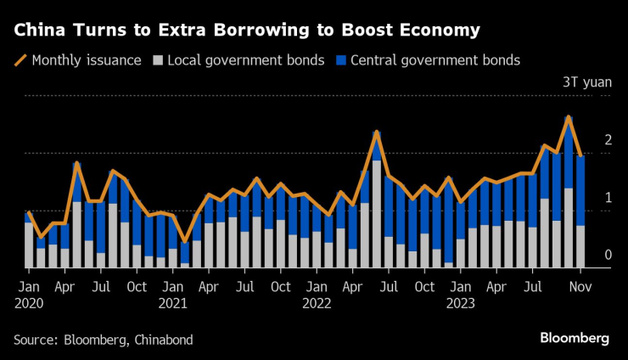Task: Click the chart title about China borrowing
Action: [246, 31]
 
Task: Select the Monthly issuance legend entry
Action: [77, 60]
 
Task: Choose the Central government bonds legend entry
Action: [428, 60]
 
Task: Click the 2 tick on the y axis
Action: [608, 139]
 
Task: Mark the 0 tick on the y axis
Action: [608, 255]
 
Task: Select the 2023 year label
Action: [461, 302]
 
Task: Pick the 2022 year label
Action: [317, 302]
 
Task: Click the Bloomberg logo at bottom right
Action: [575, 339]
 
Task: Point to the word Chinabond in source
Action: [165, 340]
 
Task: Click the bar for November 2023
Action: [580, 212]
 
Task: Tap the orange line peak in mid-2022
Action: [376, 132]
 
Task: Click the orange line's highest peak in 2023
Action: [569, 116]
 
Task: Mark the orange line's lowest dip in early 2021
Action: [184, 243]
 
